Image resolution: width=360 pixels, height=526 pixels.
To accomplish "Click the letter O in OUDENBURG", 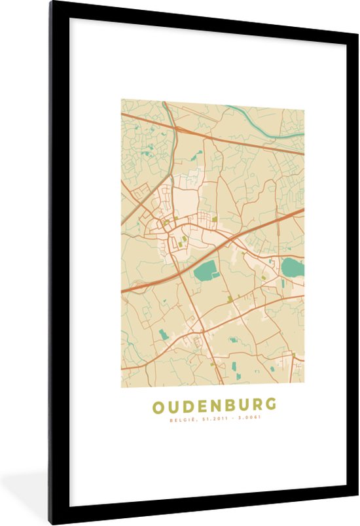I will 158,406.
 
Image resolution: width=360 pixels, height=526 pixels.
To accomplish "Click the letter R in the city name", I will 255,406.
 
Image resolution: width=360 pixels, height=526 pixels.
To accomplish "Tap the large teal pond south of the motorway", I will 206,270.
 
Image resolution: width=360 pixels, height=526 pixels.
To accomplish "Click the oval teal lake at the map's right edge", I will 292,267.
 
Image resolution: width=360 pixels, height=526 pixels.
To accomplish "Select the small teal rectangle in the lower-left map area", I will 163,334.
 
